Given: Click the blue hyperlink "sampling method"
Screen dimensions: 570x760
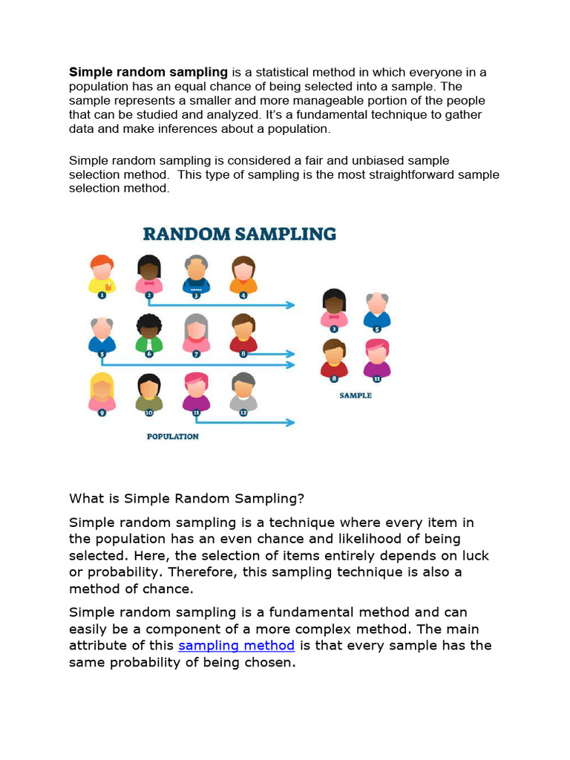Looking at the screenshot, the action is tap(236, 646).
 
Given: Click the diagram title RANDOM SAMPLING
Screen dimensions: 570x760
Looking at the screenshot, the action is tap(239, 235).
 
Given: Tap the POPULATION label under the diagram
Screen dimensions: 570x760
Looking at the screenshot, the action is tap(172, 436).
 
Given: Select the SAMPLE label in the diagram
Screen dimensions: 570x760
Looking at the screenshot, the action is tap(356, 396).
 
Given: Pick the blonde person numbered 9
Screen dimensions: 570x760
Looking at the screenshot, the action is tap(102, 391).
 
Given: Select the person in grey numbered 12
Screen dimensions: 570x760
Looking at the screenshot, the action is tap(243, 391).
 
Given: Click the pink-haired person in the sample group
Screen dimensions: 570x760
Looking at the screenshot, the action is tap(377, 358).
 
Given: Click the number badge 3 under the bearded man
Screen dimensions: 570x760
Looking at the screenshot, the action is tap(197, 295).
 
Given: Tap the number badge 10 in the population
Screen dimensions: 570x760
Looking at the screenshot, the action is tap(149, 413).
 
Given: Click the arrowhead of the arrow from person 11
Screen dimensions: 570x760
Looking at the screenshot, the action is tap(290, 423).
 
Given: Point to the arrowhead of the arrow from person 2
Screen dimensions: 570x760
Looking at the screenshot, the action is tap(290, 305).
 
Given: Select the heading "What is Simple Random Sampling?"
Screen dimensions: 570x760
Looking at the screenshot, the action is tap(186, 497).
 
